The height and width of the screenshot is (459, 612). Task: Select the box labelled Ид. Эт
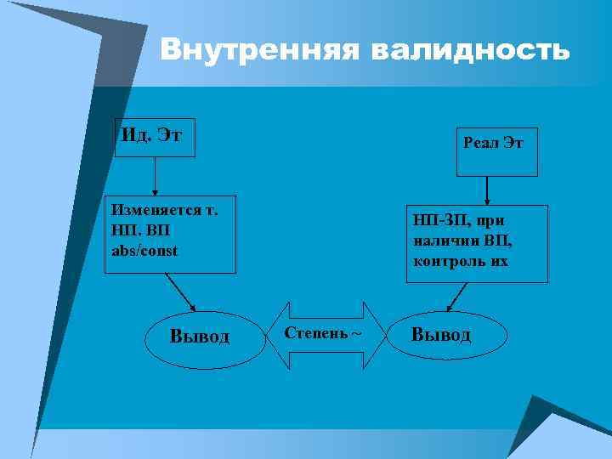156,136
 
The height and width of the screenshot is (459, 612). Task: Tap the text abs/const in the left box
145,252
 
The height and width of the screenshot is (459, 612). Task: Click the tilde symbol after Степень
356,332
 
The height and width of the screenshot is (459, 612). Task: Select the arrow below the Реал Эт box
486,190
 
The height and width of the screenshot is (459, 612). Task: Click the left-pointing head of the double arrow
278,335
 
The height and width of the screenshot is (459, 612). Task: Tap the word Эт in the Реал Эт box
513,144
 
